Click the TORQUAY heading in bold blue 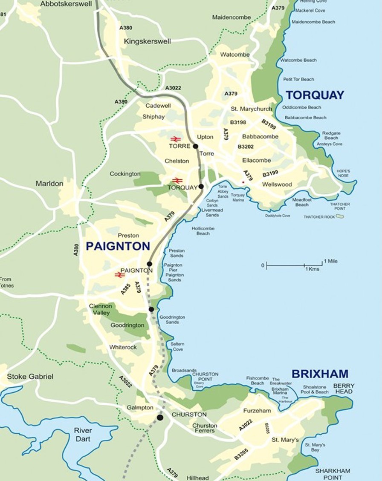click(x=315, y=95)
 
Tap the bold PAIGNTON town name click(x=118, y=246)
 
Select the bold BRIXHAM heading click(x=320, y=374)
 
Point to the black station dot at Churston click(x=160, y=418)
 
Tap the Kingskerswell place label click(x=147, y=41)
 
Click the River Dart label click(x=83, y=435)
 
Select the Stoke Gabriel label click(x=30, y=377)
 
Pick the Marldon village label click(x=49, y=184)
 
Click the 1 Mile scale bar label click(x=330, y=261)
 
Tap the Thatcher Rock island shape click(x=339, y=216)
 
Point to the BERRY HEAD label click(x=344, y=389)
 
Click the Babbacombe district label click(x=260, y=137)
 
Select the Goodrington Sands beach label click(x=172, y=320)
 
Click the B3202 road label click(x=246, y=147)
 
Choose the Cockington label click(x=125, y=174)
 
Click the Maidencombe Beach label click(x=313, y=22)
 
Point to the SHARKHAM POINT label click(x=333, y=474)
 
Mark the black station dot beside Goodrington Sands click(x=151, y=309)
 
